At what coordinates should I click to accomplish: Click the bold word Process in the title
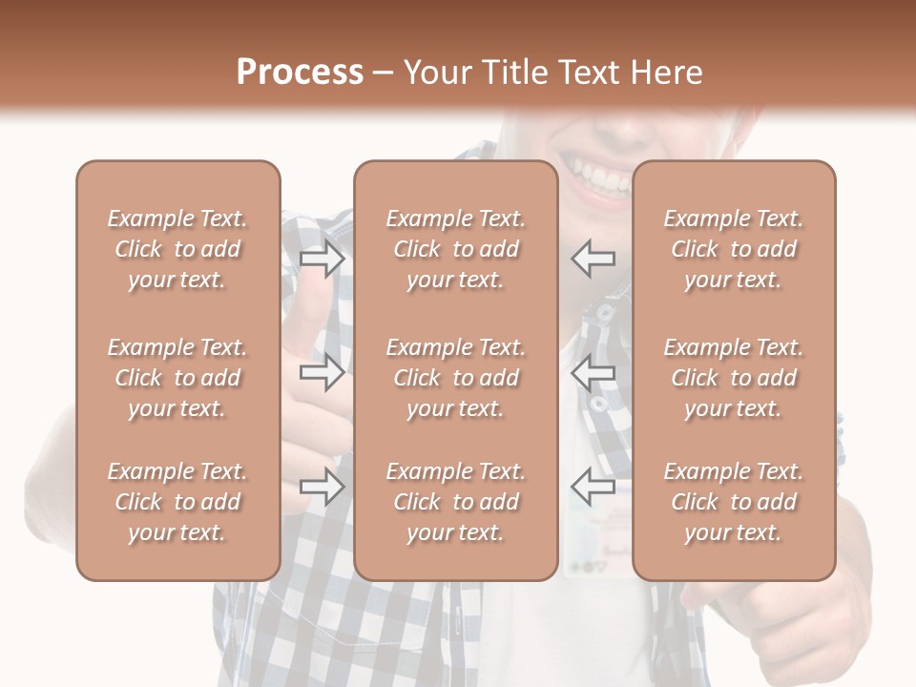click(x=300, y=73)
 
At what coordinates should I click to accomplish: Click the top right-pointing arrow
click(x=322, y=259)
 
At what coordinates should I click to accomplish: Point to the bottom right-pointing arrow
click(x=322, y=487)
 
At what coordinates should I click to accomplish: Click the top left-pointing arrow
click(x=593, y=259)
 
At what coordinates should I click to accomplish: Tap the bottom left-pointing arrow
click(x=593, y=487)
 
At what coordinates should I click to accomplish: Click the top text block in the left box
click(x=177, y=249)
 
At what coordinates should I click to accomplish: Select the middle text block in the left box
click(x=177, y=378)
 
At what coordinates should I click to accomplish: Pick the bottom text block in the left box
click(x=177, y=502)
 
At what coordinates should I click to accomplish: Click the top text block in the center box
click(x=455, y=249)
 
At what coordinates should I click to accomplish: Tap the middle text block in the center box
click(x=455, y=378)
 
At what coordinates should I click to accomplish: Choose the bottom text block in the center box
click(x=455, y=502)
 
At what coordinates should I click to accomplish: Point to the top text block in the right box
click(x=733, y=249)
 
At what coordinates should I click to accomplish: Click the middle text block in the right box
click(x=733, y=378)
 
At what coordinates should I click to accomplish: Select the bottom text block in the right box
click(x=733, y=502)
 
